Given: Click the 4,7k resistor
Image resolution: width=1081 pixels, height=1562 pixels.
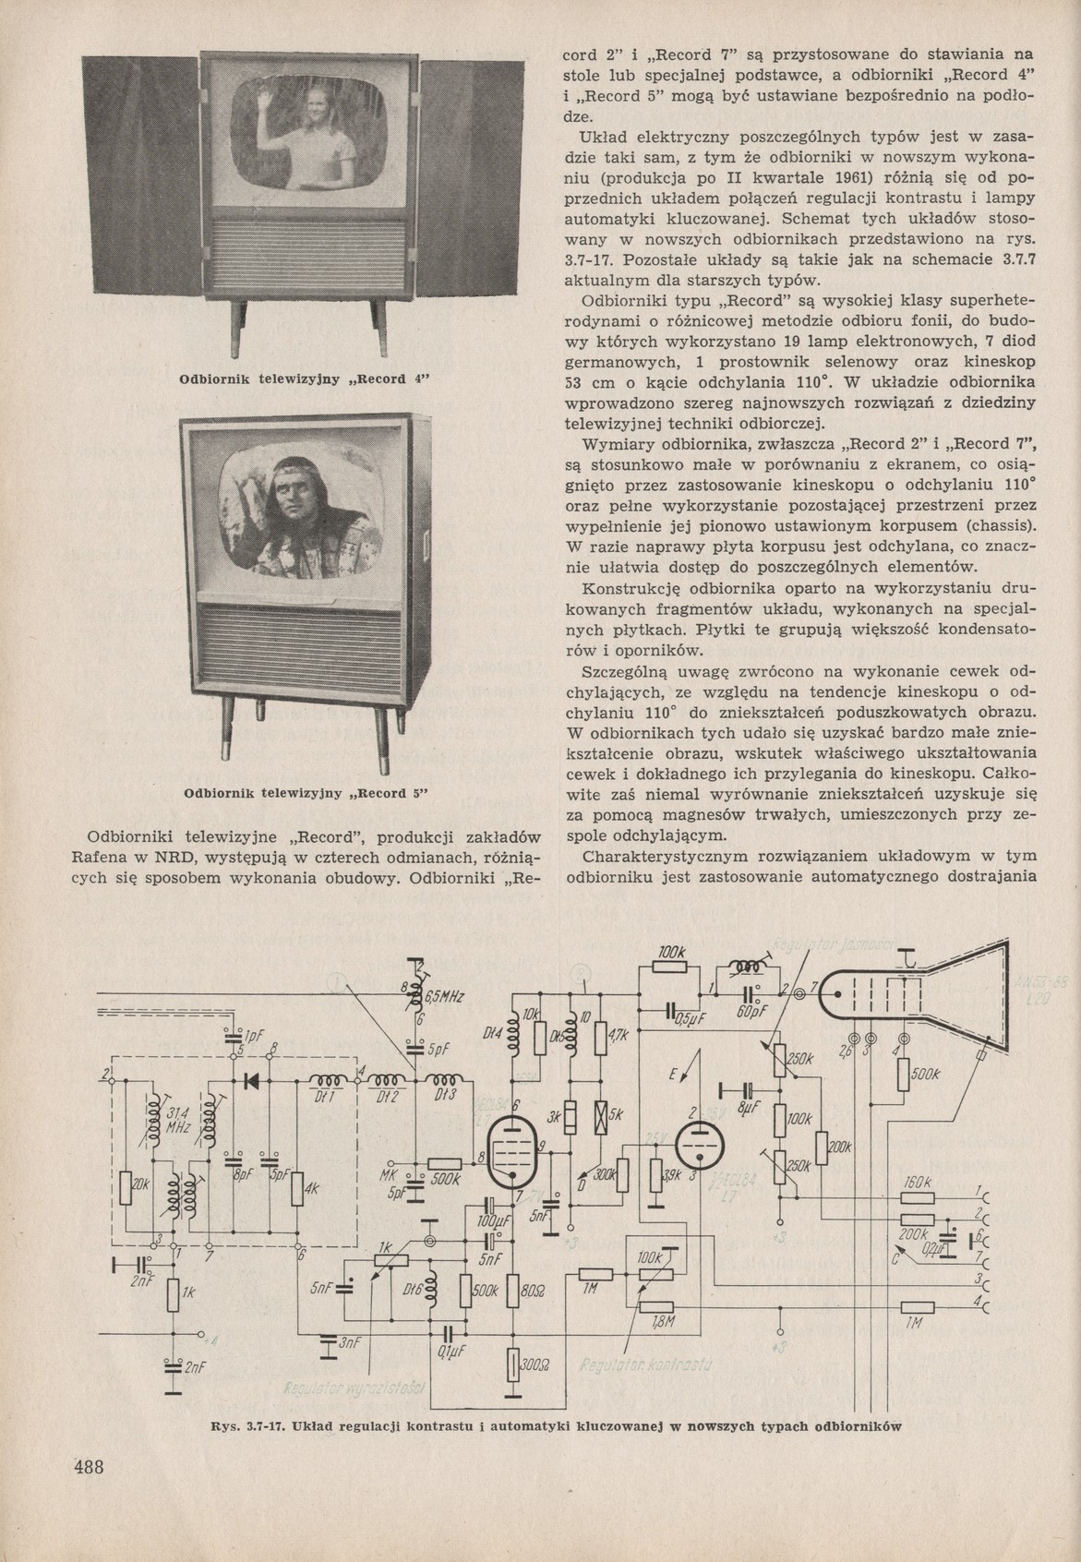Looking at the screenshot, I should (x=601, y=1037).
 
